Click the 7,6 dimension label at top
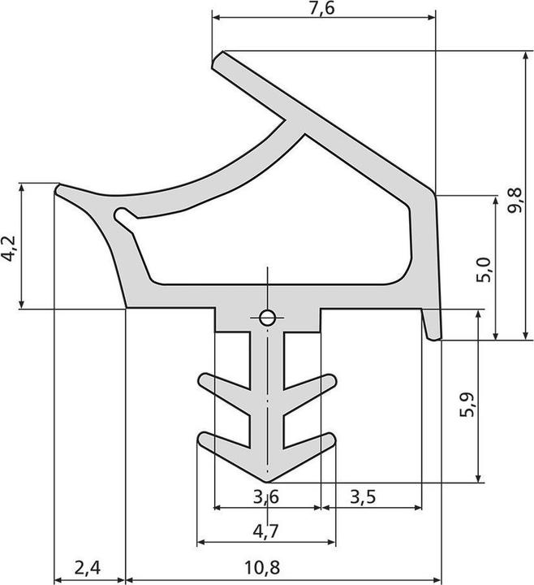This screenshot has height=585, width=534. click(322, 9)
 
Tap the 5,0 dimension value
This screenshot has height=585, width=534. click(482, 268)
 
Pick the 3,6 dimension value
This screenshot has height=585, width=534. click(267, 496)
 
